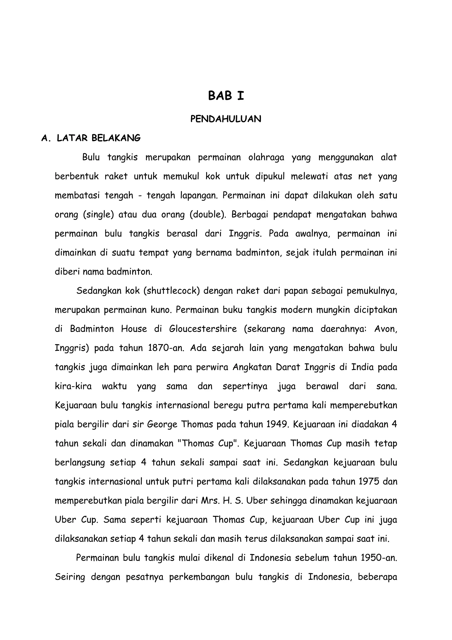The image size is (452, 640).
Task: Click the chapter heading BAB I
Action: [x=226, y=96]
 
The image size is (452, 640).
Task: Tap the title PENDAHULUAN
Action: [x=226, y=119]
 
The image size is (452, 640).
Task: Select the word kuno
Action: [x=161, y=310]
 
